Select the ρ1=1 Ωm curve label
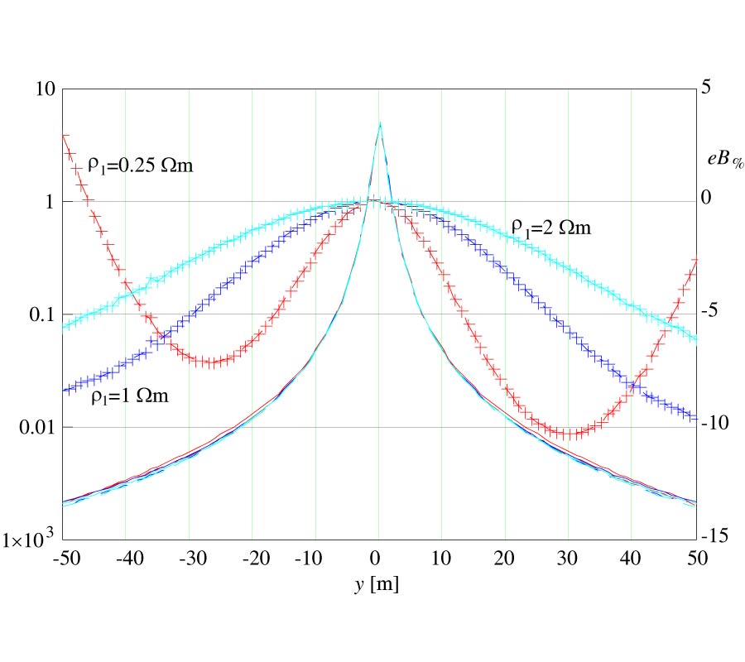[x=130, y=396]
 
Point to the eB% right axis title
[x=726, y=160]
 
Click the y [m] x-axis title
[x=377, y=584]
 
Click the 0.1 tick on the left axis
[x=37, y=314]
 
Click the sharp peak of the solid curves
[x=379, y=123]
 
